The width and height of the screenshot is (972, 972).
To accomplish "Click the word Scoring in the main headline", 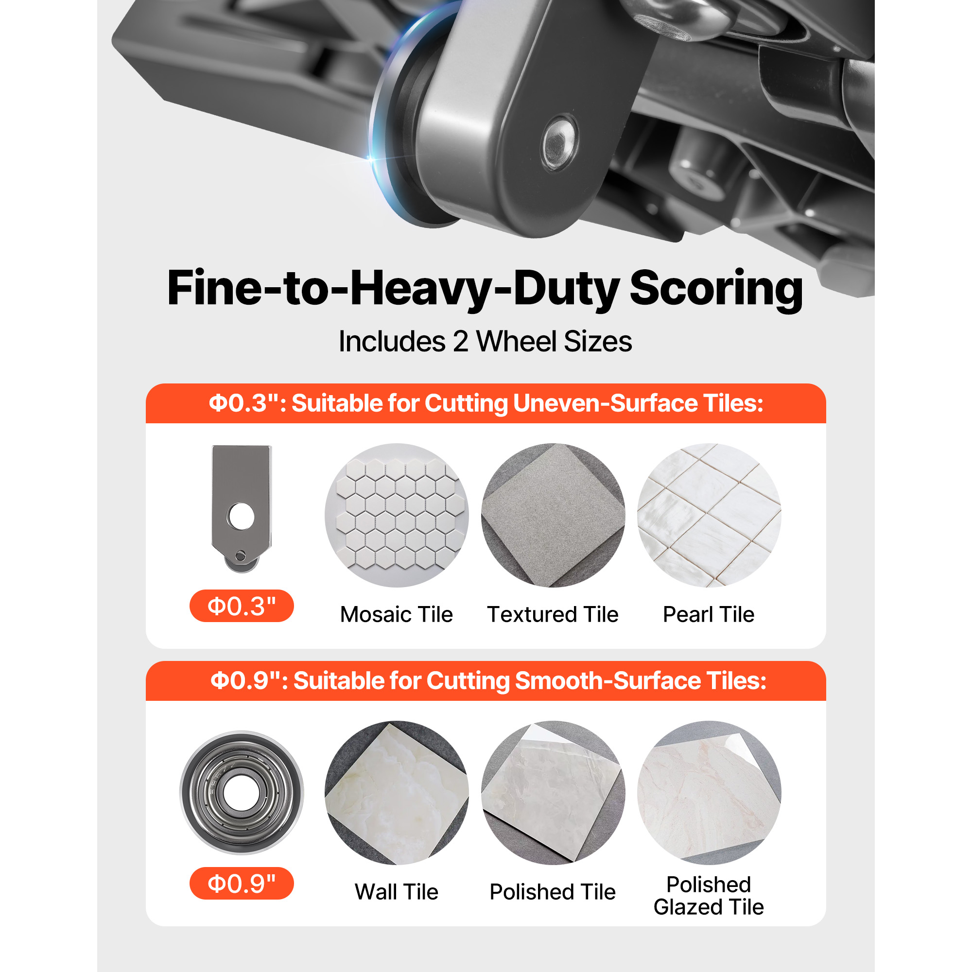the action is (x=716, y=289).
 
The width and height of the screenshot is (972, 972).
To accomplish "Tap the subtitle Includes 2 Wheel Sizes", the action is (x=486, y=342).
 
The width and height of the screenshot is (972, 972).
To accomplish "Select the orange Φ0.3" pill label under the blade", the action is (x=242, y=606).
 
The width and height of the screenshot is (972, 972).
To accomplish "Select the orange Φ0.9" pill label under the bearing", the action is (x=242, y=884).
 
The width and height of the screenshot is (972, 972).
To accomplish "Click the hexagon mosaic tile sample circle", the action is (x=397, y=515).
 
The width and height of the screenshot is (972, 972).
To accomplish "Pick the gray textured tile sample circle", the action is (x=553, y=515).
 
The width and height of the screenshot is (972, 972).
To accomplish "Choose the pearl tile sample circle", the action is (x=709, y=515).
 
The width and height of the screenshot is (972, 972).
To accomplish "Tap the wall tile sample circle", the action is (x=397, y=793).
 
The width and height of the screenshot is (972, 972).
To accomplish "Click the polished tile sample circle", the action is (x=553, y=793).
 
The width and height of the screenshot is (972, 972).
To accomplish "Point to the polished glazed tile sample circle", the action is (x=709, y=793).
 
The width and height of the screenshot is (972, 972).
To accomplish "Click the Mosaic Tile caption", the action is (x=397, y=614).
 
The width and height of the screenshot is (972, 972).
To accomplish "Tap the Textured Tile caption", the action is (x=553, y=614).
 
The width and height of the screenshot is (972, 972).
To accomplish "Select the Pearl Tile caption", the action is (x=709, y=614).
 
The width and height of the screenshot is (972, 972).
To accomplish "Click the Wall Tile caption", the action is (x=397, y=892).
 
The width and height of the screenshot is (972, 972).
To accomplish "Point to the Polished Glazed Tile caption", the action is (x=709, y=896).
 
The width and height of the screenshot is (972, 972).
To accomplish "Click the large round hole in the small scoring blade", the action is (x=241, y=516).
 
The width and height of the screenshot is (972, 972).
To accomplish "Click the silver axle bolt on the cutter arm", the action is (x=560, y=142).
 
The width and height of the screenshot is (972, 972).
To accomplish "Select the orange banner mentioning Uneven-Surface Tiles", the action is (x=486, y=403).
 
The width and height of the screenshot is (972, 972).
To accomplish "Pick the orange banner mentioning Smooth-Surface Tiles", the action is (x=486, y=681).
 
